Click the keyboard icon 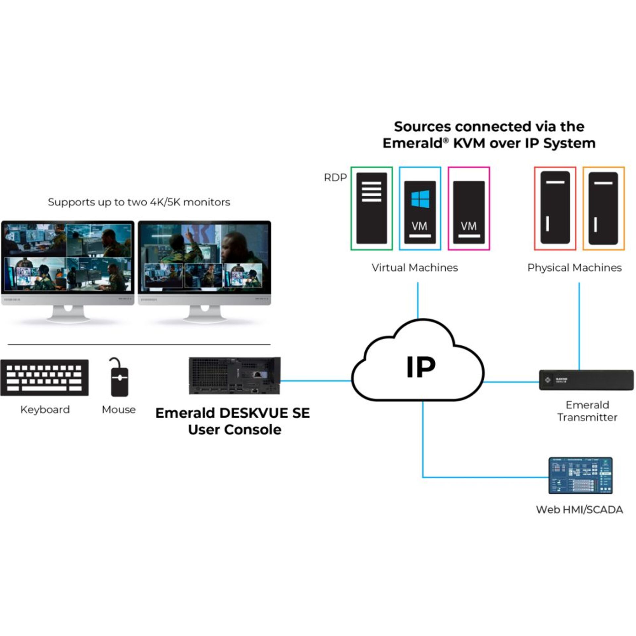44,378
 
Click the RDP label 335,178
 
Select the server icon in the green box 371,208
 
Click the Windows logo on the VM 420,199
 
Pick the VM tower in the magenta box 469,212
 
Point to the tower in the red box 555,208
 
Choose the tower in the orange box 603,208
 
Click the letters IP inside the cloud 421,367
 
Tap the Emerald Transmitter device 586,380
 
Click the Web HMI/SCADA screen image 580,476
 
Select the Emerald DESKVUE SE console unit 235,376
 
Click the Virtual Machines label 415,268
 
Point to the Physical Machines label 574,268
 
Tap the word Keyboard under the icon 45,410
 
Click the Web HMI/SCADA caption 579,509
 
